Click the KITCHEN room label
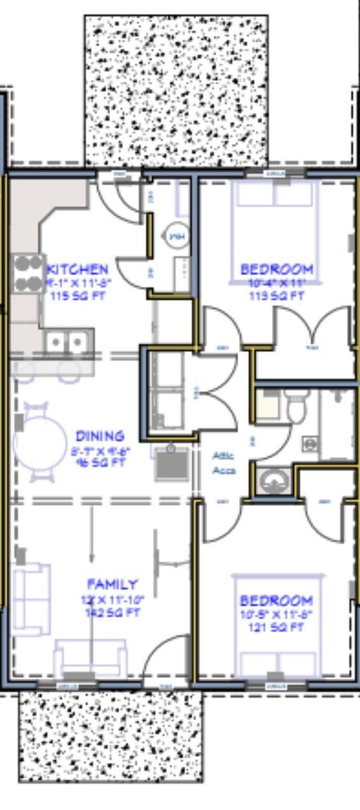78,269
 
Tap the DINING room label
100,437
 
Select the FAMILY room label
112,584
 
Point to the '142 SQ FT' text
113,613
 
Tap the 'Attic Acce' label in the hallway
224,463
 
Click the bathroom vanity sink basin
275,480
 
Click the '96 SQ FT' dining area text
100,463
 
